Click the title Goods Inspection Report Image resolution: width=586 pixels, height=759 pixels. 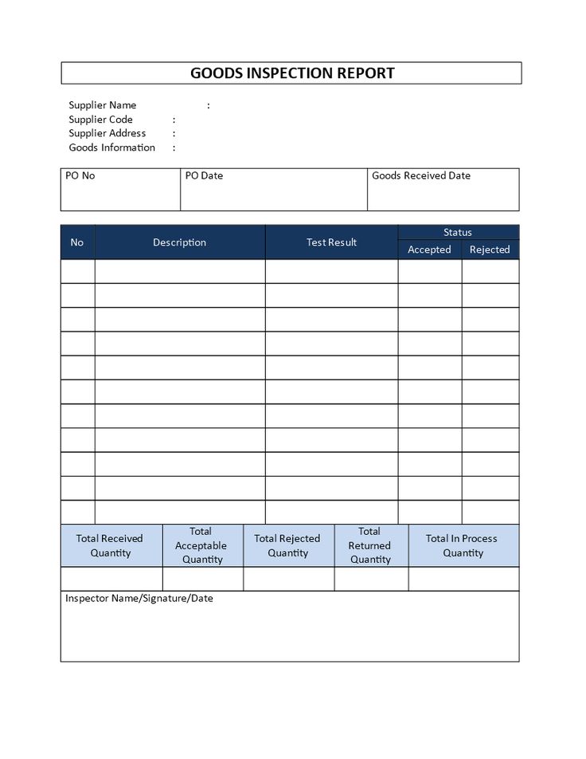pos(292,73)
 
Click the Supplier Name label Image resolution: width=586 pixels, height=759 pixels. pos(102,105)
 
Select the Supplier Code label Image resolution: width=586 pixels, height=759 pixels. pos(100,120)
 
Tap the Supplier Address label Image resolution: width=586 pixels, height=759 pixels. pos(107,133)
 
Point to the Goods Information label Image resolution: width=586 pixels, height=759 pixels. pos(111,147)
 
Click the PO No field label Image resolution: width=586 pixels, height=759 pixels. pos(80,175)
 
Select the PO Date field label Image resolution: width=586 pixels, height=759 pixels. pos(204,175)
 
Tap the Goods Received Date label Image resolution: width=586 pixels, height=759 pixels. pos(420,175)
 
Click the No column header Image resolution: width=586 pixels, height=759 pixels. pos(76,242)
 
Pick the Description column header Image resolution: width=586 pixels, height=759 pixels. pos(179,242)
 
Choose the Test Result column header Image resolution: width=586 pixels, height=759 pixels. pos(331,242)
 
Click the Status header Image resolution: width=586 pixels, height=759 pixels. pos(458,232)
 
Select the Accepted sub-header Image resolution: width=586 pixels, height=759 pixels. pos(429,250)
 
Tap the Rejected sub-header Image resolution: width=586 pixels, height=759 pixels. pos(490,250)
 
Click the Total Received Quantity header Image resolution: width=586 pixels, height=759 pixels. pos(110,545)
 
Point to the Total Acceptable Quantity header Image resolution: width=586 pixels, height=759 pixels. pos(201,545)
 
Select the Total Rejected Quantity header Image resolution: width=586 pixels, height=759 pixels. pos(287,545)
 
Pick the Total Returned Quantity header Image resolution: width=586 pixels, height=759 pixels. pos(370,545)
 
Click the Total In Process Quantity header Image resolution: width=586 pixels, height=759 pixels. pos(462,545)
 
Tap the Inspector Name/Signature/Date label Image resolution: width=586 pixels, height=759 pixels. pos(139,598)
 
